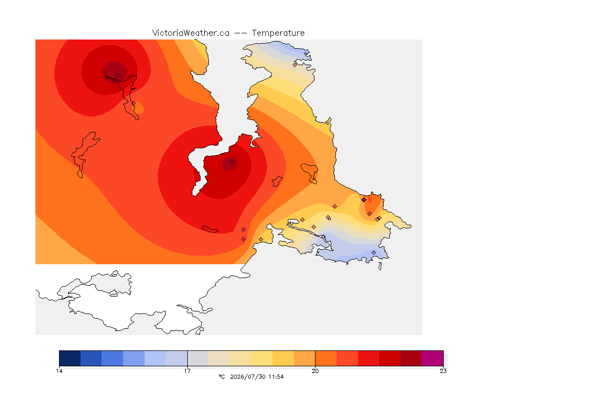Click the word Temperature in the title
click(x=278, y=33)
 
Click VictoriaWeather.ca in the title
click(x=191, y=33)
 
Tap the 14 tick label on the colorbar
click(x=59, y=371)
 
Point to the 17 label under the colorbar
click(x=187, y=371)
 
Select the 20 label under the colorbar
click(x=315, y=371)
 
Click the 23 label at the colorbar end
click(x=443, y=371)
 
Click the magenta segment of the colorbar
click(x=432, y=358)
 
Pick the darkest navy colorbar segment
click(x=70, y=358)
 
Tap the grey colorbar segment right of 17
click(x=198, y=358)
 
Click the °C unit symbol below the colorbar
click(x=222, y=377)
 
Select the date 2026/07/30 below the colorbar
click(x=248, y=377)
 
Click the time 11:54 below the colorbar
click(x=276, y=377)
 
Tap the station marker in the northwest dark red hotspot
click(x=119, y=75)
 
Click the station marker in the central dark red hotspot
click(x=232, y=163)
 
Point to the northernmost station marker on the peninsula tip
click(x=295, y=65)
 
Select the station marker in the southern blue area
click(x=374, y=252)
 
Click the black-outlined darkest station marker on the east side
click(x=364, y=200)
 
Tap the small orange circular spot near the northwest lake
click(x=139, y=108)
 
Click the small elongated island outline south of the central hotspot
click(x=210, y=229)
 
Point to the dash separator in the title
click(x=241, y=33)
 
